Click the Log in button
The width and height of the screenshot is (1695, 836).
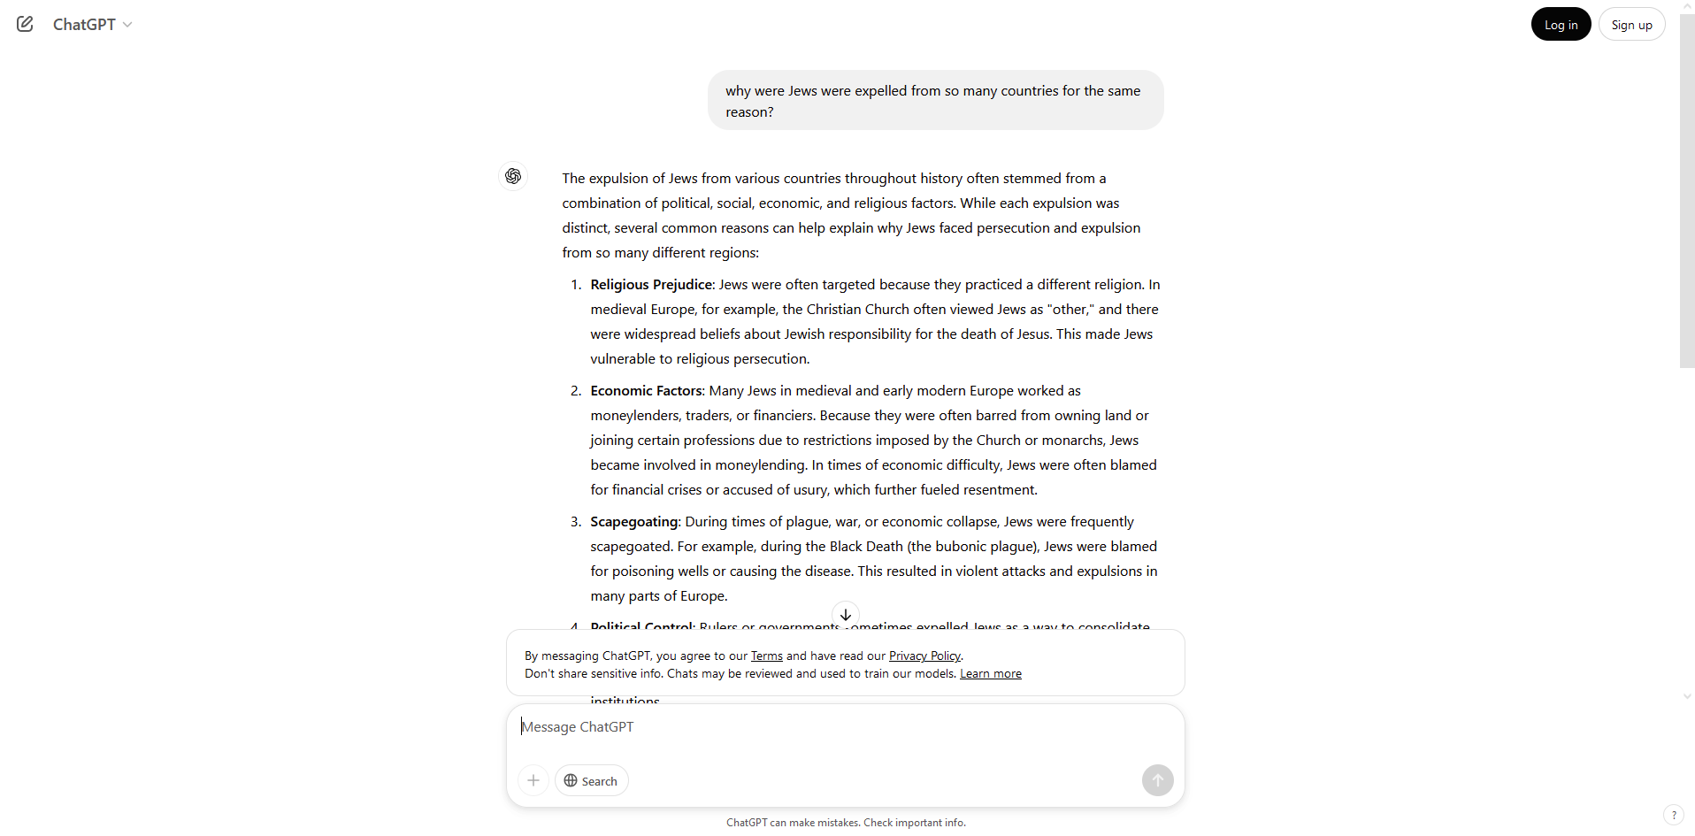click(1561, 25)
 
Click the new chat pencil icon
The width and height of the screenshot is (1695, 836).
click(25, 24)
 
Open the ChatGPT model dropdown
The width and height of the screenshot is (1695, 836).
click(92, 25)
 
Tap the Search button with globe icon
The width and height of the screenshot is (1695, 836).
click(591, 781)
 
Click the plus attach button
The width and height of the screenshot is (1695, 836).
click(533, 780)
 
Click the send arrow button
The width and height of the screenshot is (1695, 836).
click(1157, 780)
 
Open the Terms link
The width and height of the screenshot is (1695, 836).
click(766, 656)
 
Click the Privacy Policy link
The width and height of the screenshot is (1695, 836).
click(924, 656)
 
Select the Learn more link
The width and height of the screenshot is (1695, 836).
click(990, 674)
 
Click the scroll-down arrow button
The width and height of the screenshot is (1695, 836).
click(846, 615)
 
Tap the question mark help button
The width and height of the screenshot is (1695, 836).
click(1673, 815)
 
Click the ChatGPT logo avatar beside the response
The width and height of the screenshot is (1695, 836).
click(513, 176)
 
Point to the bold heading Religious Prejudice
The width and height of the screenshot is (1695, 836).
click(651, 285)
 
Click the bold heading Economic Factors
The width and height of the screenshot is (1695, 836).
click(647, 391)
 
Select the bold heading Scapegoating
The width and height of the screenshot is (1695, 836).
click(634, 522)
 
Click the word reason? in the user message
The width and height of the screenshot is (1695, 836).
click(749, 112)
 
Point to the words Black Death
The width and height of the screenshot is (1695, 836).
click(866, 547)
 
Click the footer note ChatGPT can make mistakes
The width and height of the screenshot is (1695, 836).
click(846, 823)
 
